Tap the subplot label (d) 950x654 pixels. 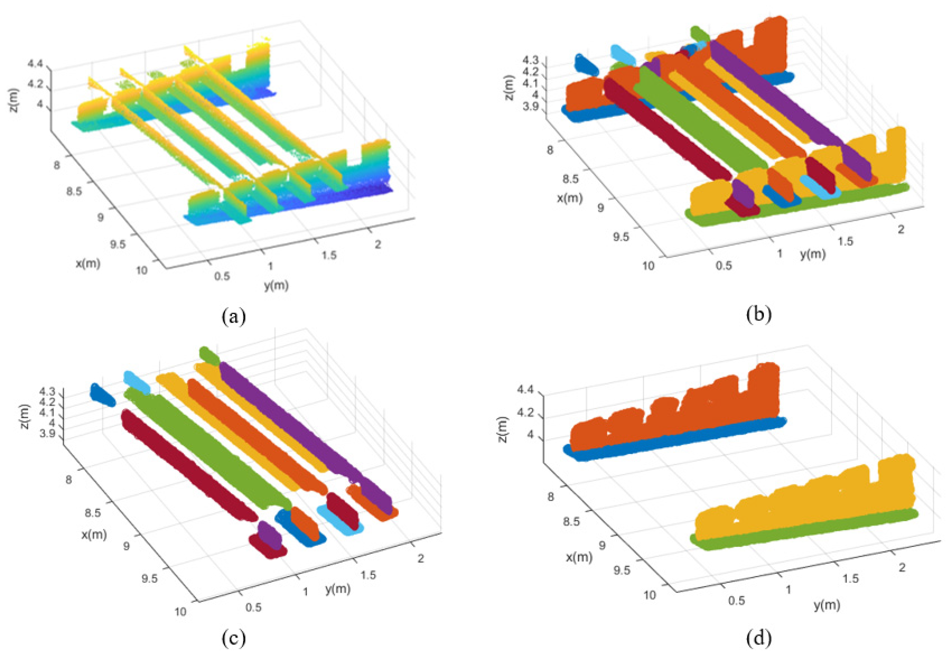[x=759, y=638]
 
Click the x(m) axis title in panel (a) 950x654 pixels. [x=88, y=263]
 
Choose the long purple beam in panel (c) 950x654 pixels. [x=303, y=426]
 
